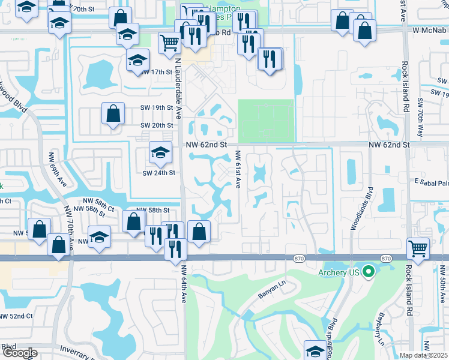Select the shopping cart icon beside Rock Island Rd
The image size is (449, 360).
click(x=417, y=247)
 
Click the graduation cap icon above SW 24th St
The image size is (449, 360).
click(x=160, y=154)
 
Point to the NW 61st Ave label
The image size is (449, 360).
click(x=238, y=170)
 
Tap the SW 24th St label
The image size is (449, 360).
click(x=158, y=173)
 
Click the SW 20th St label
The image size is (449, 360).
click(x=157, y=125)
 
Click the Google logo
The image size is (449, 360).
click(x=19, y=352)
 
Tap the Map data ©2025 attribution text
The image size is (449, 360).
click(x=423, y=355)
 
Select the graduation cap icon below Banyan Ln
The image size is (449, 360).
click(x=315, y=350)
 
